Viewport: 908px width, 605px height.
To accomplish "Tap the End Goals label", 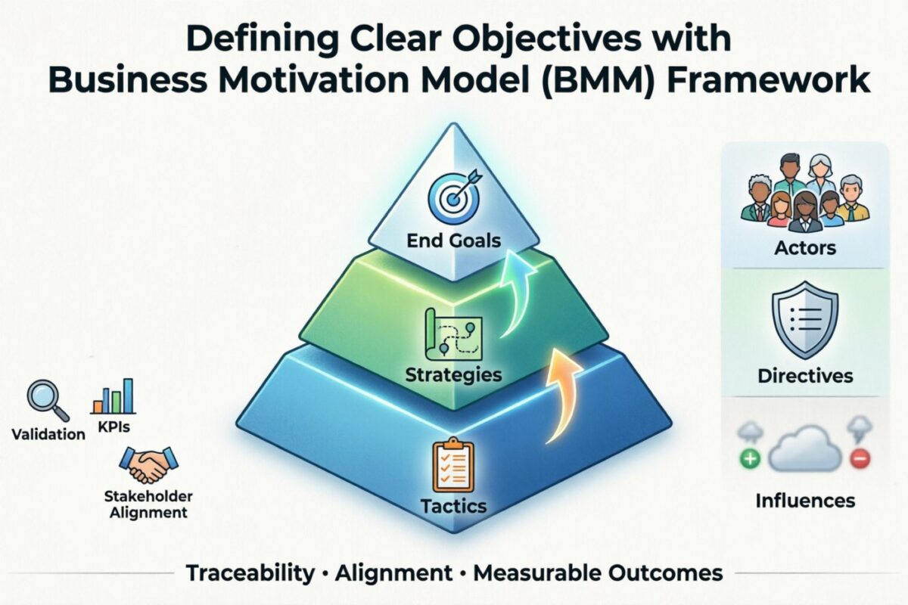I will coord(454,241).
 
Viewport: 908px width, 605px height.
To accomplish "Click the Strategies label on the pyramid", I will coord(454,374).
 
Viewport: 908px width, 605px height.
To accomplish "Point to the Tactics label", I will coord(455,505).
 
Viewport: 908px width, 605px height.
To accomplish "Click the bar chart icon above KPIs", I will coord(113,396).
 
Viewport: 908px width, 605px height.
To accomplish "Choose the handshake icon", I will coord(149,464).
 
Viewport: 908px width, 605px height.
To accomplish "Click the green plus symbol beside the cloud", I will coord(748,458).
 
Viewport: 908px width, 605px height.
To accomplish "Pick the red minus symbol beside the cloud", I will coord(860,458).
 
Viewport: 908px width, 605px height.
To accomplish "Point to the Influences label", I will coord(805,500).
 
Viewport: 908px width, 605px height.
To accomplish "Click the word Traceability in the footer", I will coord(250,573).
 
